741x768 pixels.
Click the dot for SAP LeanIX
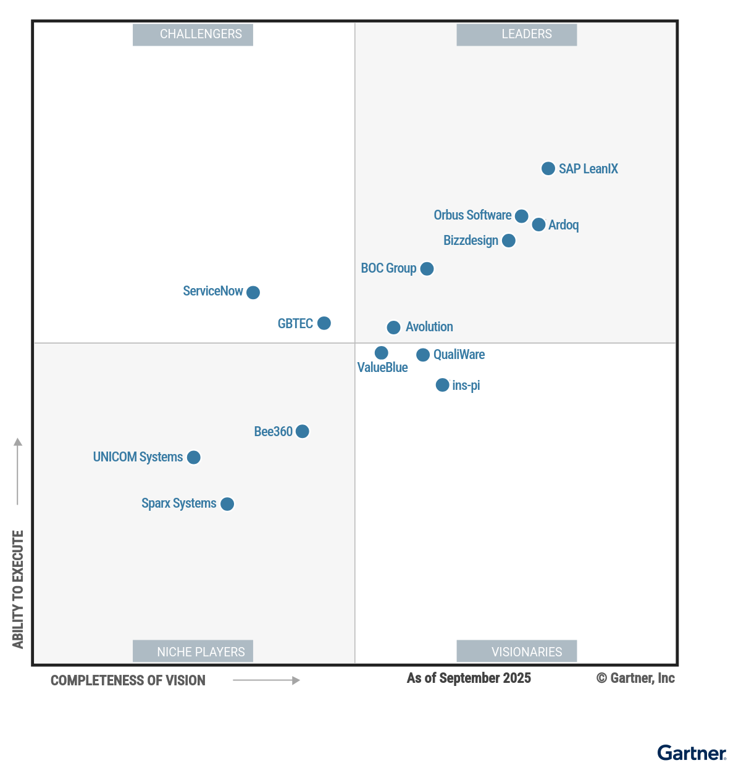(548, 168)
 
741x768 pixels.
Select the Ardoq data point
(538, 225)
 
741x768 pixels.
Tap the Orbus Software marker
(521, 216)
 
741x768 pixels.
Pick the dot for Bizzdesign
(508, 241)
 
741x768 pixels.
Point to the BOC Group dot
(427, 269)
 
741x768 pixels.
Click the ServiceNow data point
(253, 292)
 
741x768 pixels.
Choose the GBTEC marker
(324, 323)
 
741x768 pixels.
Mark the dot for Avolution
(393, 328)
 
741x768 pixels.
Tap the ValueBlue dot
(381, 353)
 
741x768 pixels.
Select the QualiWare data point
(422, 355)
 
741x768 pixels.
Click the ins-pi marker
(442, 385)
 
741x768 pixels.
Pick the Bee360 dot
(302, 431)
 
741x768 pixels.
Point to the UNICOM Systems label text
(138, 457)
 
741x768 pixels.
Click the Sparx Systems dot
(227, 504)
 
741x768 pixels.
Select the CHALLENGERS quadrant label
(193, 35)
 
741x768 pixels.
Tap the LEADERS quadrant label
(516, 35)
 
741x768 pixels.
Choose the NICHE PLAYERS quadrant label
(193, 651)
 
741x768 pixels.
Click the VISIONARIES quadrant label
(516, 651)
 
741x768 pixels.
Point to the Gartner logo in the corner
(692, 753)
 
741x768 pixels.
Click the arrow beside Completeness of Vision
(266, 680)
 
